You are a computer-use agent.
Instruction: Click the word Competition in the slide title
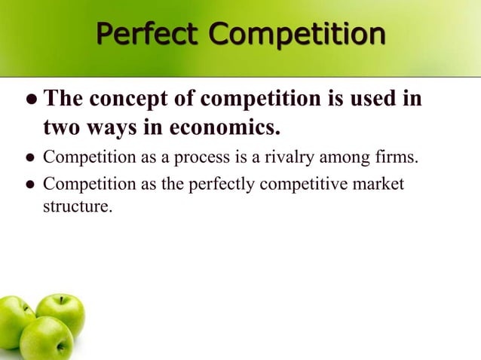coord(296,35)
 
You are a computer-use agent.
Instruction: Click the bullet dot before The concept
coord(31,100)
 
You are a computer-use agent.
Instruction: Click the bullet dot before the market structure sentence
coord(31,185)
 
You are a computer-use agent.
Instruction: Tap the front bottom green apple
coord(47,338)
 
